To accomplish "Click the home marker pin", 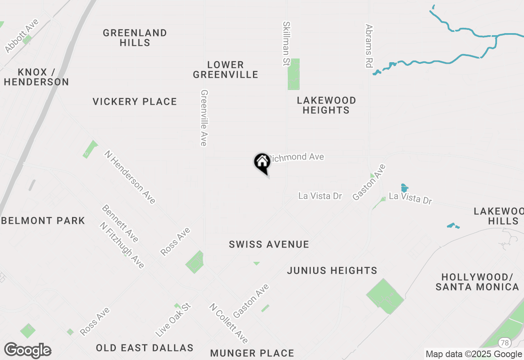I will click(x=262, y=162).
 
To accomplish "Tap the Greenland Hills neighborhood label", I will click(x=135, y=38).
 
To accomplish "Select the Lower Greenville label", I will click(x=226, y=70).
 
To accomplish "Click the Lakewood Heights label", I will click(x=326, y=105).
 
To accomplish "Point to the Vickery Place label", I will click(x=135, y=101).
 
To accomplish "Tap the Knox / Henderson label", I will click(x=36, y=77).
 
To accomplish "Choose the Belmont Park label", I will click(x=43, y=221).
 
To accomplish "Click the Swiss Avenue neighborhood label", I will click(x=269, y=245).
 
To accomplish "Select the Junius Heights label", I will click(x=332, y=270).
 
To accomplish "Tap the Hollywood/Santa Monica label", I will click(x=477, y=282).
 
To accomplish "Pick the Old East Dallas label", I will click(x=145, y=348).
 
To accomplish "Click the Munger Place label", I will click(x=252, y=353).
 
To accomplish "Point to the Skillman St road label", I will click(x=286, y=44).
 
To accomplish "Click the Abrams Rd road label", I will click(x=369, y=45).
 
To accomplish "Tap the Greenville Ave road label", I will click(x=203, y=118).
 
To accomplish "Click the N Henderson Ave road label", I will click(x=130, y=177).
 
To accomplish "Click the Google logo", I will click(x=27, y=351).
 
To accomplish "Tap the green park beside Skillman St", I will click(x=294, y=74).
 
